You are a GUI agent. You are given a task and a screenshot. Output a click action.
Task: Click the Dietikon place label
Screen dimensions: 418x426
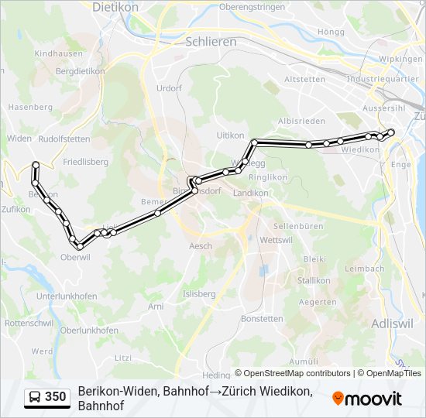tap(115, 7)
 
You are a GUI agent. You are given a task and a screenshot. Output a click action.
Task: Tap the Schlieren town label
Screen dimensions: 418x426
tap(211, 42)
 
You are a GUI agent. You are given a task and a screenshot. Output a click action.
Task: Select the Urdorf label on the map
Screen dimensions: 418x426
tap(168, 88)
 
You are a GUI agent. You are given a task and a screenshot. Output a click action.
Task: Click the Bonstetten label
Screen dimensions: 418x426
tap(262, 319)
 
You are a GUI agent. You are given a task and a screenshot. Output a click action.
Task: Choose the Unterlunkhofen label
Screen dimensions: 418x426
tap(66, 296)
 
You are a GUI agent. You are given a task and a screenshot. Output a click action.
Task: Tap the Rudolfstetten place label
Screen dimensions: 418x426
tap(64, 139)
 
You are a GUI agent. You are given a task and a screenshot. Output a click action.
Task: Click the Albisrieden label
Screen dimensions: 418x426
tap(301, 122)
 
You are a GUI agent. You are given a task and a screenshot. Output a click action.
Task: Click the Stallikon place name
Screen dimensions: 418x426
tap(314, 280)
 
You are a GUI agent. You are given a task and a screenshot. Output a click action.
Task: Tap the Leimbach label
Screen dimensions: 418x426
tap(364, 269)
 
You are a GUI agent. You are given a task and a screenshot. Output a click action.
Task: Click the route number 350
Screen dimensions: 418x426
tap(55, 397)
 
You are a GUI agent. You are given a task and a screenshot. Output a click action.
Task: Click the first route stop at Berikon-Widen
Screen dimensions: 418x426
tap(36, 164)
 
